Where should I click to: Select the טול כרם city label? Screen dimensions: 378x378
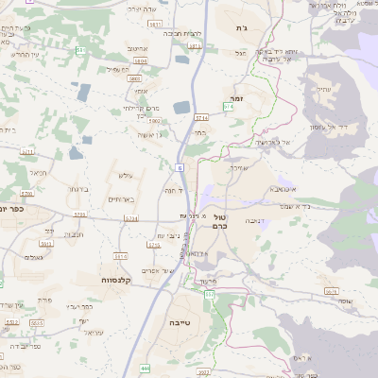click(219, 222)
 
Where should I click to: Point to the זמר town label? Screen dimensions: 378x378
click(238, 97)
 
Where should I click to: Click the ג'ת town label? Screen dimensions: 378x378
click(240, 29)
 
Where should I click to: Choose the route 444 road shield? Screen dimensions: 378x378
click(145, 368)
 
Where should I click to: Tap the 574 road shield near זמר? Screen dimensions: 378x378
click(228, 107)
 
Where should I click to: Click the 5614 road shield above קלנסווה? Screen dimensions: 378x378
click(120, 256)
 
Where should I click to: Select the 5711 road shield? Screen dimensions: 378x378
click(27, 150)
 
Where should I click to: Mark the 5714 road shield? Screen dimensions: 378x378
click(200, 117)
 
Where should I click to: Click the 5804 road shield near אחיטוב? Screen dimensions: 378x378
click(141, 61)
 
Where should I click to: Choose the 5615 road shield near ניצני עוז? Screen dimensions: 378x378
click(154, 244)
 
